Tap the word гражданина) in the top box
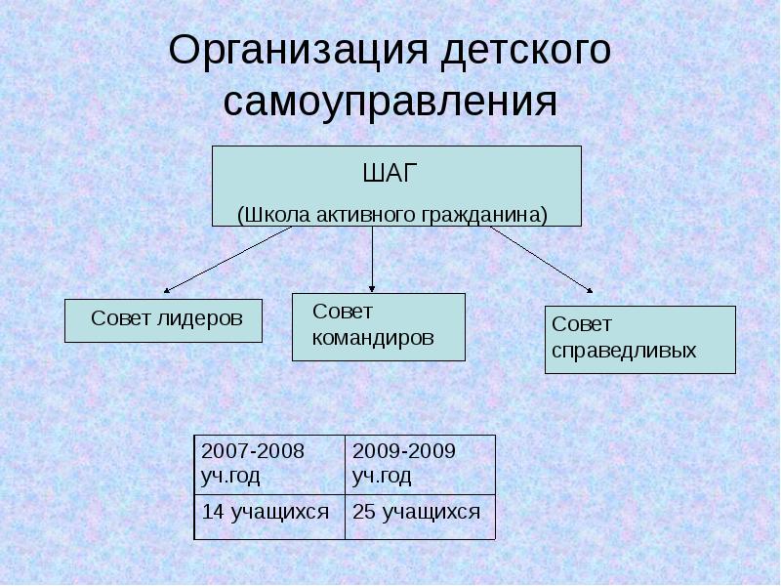point(484,213)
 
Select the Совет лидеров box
point(163,320)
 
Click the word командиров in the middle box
point(372,338)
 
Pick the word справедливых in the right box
point(624,350)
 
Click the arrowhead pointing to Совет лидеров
point(167,290)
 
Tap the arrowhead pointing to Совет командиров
point(372,284)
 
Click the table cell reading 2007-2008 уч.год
point(269,464)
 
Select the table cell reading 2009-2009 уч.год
point(420,464)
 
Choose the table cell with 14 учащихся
point(269,513)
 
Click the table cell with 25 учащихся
point(420,513)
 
